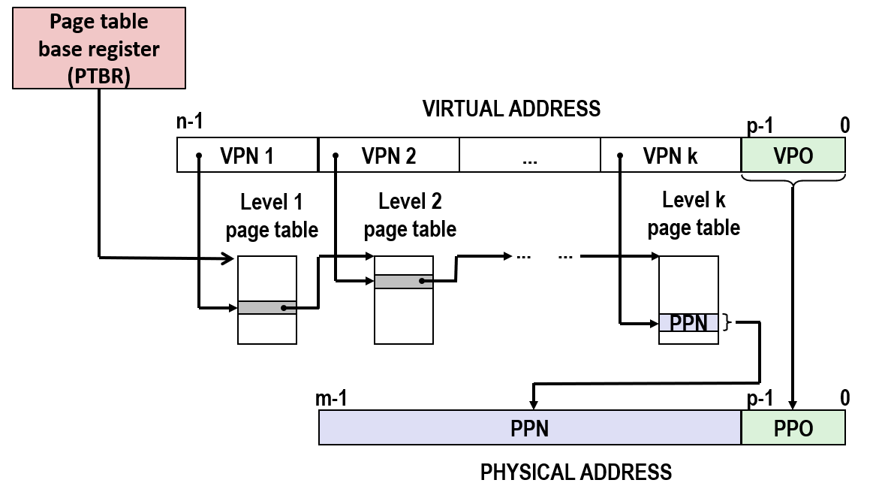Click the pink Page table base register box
[99, 48]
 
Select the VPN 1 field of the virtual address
[248, 155]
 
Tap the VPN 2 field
[389, 155]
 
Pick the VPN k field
[670, 155]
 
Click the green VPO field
[793, 155]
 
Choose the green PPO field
[793, 427]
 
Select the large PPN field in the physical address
[530, 427]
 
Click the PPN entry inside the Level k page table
[688, 322]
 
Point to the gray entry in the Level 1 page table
[266, 307]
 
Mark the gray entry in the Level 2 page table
[403, 282]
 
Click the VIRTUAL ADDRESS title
[511, 109]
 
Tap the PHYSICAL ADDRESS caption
[576, 472]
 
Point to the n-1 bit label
[190, 121]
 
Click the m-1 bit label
[331, 398]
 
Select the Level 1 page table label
[272, 216]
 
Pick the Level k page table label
[694, 214]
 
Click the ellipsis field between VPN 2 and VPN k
[530, 155]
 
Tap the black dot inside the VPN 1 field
[199, 155]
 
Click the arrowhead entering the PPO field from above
[793, 405]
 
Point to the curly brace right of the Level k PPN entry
[727, 322]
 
